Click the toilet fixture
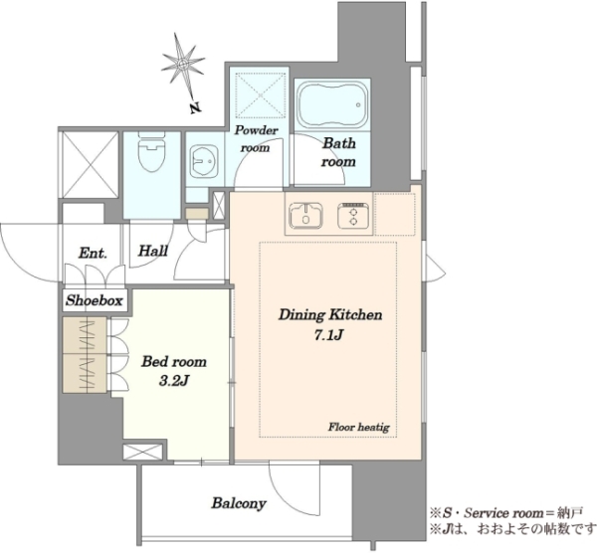pos(151,151)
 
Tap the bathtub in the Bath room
pos(332,104)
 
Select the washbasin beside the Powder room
pos(204,161)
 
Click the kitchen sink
pos(305,216)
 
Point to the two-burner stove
pos(353,216)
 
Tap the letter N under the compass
pos(195,108)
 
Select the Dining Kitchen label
pos(330,315)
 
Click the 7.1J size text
pos(329,335)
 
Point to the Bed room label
pos(174,361)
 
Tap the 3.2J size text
pos(174,381)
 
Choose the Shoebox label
pos(95,300)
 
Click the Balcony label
pos(239,503)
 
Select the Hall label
pos(153,251)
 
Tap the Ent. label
pos(93,253)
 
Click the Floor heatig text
pos(359,427)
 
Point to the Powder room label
pos(256,138)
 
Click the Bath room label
pos(338,152)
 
